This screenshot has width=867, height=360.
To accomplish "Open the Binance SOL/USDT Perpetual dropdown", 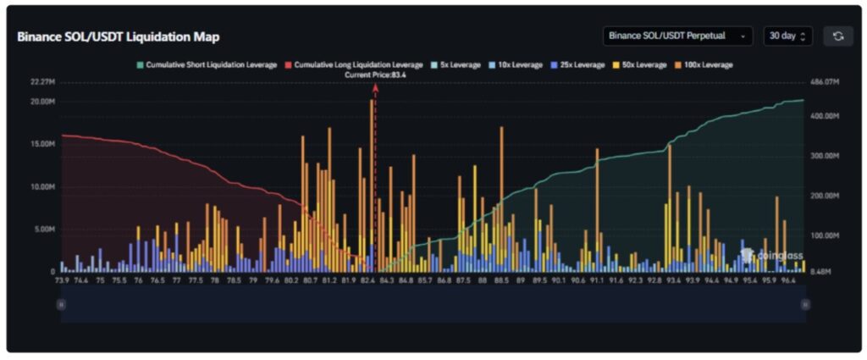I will [677, 36].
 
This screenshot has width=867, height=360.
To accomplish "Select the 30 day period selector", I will [787, 36].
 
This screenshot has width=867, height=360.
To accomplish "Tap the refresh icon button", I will [837, 36].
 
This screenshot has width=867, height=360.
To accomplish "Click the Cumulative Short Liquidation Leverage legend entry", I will [207, 64].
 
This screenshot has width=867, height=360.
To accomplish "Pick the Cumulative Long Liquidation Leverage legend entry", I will [353, 64].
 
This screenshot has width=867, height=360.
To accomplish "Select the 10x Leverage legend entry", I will [516, 64].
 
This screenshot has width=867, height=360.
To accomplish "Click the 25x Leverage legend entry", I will [579, 64].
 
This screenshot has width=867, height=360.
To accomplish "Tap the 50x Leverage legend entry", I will [642, 64].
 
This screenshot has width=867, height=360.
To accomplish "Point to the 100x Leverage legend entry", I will [704, 64].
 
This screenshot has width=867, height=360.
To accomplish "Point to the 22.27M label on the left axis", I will [41, 82].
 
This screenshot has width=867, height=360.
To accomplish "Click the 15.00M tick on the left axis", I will [41, 144].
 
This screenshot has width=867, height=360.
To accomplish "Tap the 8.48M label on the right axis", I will [821, 272].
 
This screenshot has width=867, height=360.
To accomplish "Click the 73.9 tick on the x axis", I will [62, 280].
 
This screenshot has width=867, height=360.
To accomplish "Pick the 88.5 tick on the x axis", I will [502, 280].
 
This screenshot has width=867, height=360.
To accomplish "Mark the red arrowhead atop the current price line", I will [375, 87].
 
